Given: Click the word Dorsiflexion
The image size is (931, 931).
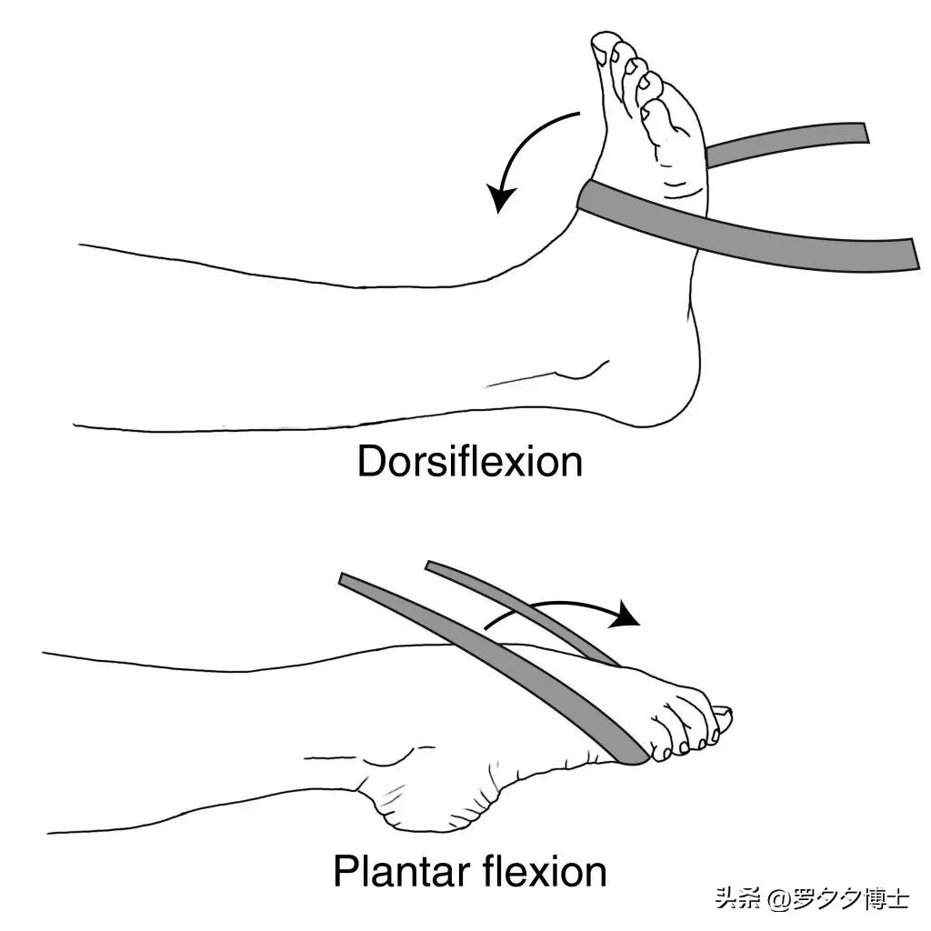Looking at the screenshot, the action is pos(470,461).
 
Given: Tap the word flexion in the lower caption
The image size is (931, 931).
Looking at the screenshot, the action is pos(545,871).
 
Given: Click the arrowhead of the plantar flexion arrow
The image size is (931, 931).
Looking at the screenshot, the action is pos(626,614).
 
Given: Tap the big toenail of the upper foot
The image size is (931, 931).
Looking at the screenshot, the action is pos(602,46).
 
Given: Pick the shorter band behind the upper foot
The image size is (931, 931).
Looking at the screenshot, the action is pos(786,145).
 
